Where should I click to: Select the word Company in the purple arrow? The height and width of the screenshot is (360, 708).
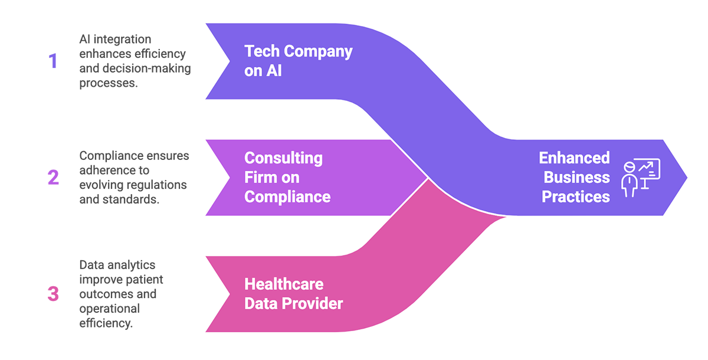pyautogui.click(x=318, y=52)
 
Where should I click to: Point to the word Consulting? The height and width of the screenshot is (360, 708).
pyautogui.click(x=283, y=158)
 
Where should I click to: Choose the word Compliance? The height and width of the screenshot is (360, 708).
pyautogui.click(x=287, y=197)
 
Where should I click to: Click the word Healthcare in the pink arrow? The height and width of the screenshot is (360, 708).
pyautogui.click(x=284, y=284)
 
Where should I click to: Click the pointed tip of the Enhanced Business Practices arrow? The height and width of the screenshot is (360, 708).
pyautogui.click(x=685, y=177)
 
